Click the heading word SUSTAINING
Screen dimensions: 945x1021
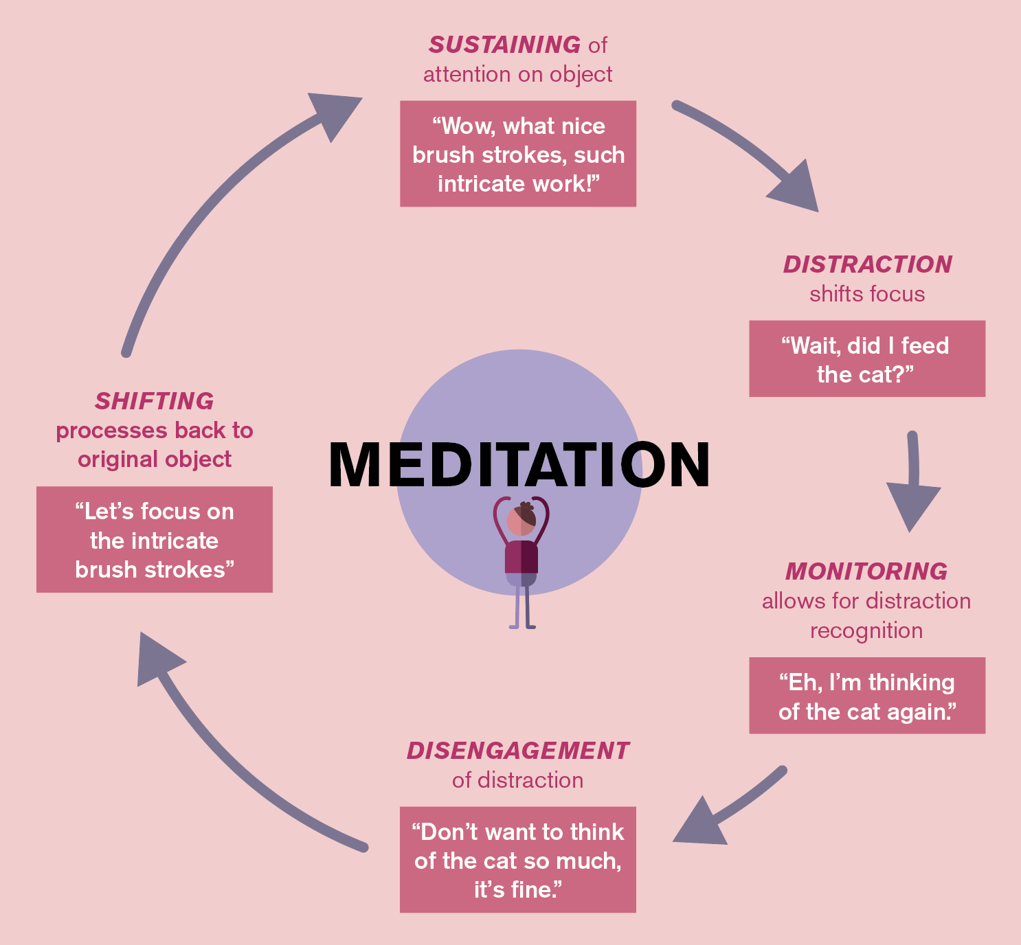tap(504, 45)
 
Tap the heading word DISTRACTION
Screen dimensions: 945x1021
tap(867, 264)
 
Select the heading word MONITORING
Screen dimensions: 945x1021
tap(866, 571)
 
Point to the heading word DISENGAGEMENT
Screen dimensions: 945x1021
tap(517, 751)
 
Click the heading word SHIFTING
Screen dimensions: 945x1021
tap(154, 401)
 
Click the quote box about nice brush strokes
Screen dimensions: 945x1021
tap(518, 154)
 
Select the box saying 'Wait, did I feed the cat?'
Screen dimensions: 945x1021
tap(867, 358)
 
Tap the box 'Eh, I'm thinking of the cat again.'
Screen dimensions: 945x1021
tap(867, 696)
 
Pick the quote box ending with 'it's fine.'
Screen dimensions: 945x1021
tap(518, 860)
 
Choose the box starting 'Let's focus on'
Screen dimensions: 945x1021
tap(155, 540)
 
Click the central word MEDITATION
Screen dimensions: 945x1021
tap(519, 466)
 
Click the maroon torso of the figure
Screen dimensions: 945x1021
tap(521, 557)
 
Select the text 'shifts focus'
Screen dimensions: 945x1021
tap(867, 294)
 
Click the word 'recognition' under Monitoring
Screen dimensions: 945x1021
tap(866, 630)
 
